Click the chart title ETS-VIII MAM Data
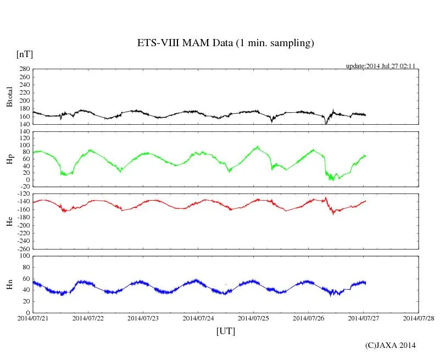point(225,43)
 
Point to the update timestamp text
point(380,66)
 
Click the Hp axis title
point(9,159)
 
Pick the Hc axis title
point(9,221)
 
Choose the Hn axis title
point(9,284)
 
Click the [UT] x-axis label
point(225,331)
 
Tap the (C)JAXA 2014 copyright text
point(390,345)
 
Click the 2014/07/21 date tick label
point(33,318)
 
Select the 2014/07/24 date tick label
point(198,318)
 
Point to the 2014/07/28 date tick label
point(419,318)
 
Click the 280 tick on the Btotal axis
point(24,69)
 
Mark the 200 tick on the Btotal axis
point(24,101)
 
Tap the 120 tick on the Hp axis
point(24,131)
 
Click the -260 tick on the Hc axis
point(22,248)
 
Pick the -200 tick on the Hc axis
point(22,225)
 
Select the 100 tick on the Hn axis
point(24,256)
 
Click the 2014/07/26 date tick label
point(308,318)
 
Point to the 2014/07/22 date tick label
point(88,318)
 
